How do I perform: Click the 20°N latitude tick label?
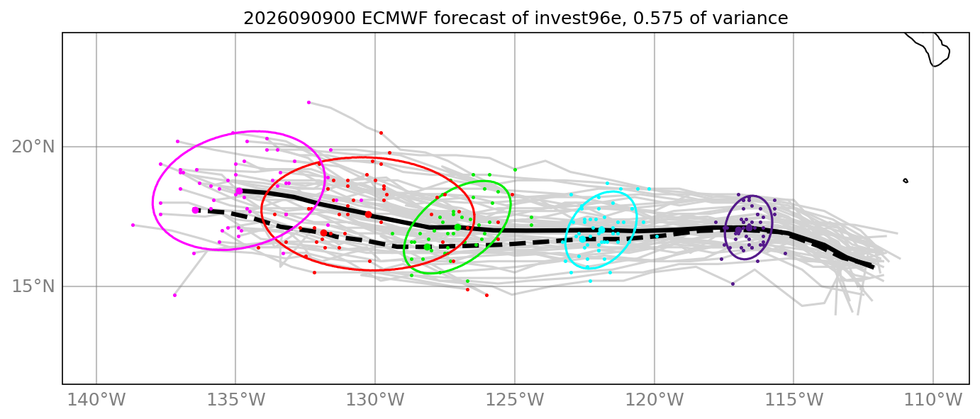[33, 147]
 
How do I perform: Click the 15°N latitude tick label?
[33, 286]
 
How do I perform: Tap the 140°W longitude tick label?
[96, 400]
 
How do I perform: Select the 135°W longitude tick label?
[236, 400]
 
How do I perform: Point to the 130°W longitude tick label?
[375, 400]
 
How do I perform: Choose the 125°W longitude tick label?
[515, 400]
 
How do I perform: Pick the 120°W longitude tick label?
[655, 400]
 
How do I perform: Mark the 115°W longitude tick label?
[794, 400]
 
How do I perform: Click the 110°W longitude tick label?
[933, 400]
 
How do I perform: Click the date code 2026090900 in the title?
[299, 18]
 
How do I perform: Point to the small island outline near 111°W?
[906, 181]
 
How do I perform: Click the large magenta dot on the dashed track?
[195, 211]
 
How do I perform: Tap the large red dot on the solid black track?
[368, 215]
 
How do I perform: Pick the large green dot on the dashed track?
[427, 247]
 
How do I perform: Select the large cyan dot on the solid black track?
[601, 230]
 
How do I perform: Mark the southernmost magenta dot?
[174, 295]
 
